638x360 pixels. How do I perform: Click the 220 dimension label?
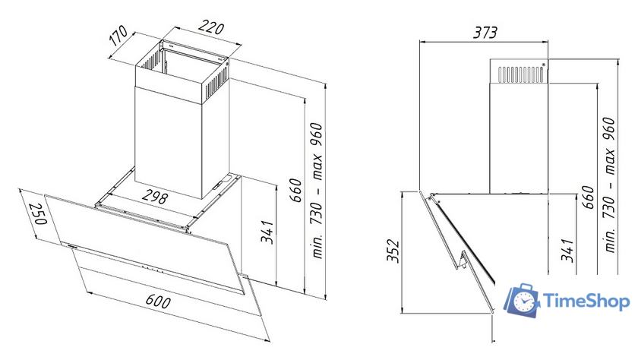[211, 28]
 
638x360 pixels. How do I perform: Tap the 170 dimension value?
[118, 36]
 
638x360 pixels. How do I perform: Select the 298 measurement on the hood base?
[155, 197]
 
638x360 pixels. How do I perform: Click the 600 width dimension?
[158, 301]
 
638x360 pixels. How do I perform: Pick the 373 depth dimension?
[485, 32]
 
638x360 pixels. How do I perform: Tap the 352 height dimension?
[393, 251]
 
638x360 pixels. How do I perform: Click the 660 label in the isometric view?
[295, 190]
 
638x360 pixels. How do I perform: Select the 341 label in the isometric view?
[267, 232]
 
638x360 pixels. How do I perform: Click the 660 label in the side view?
[588, 197]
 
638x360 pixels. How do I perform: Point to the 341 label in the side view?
[567, 250]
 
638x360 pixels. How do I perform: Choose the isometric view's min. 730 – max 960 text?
[317, 191]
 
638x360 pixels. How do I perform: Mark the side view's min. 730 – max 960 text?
[609, 185]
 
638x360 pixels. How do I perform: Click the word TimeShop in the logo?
[586, 302]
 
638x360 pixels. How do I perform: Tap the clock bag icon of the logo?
[523, 300]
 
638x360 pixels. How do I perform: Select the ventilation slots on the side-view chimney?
[521, 74]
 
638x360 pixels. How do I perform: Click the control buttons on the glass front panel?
[150, 269]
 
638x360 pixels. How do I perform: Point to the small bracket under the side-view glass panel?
[462, 261]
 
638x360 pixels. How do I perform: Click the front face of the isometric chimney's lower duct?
[169, 141]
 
